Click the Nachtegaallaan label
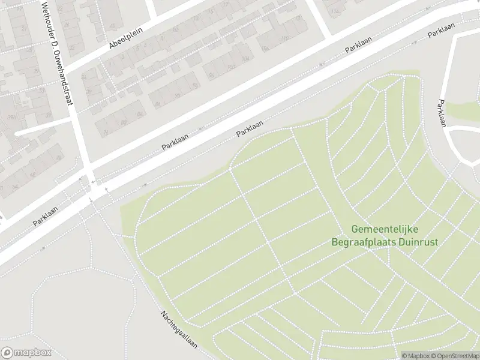point(178,330)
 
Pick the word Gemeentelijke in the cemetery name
point(385,230)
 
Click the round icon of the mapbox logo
point(8,353)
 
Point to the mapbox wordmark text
point(33,353)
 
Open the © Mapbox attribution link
point(415,356)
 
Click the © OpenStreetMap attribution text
point(454,356)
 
